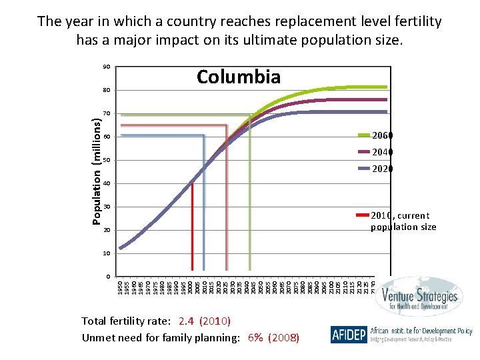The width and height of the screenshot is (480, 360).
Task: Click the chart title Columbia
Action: point(239,77)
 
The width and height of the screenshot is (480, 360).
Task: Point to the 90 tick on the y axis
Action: point(106,67)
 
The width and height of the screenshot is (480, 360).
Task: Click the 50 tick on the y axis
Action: point(106,161)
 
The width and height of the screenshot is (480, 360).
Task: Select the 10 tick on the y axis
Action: point(106,254)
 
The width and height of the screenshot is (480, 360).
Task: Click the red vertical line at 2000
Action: point(192,227)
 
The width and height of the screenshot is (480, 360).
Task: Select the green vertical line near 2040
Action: point(249,200)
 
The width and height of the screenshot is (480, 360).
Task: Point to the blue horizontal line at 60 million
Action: point(160,135)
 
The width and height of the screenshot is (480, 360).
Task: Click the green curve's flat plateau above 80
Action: point(360,87)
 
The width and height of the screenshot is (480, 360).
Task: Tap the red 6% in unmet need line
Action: point(255,337)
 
